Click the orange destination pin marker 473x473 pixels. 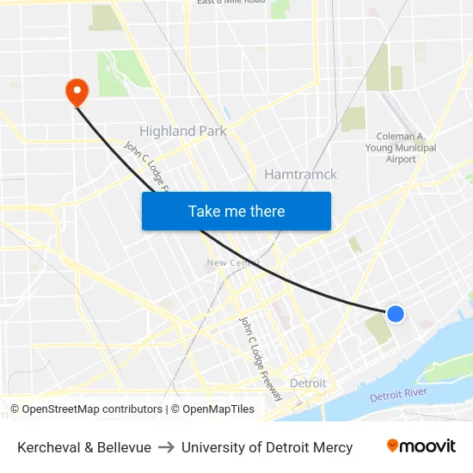77,92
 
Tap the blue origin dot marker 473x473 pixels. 396,314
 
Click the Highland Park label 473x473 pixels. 183,131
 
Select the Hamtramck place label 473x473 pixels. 300,174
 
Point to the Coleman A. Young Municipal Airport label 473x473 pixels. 402,147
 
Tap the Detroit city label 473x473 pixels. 308,383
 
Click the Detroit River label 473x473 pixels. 398,396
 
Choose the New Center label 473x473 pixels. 226,262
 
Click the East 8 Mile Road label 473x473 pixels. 230,3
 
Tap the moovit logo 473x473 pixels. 421,446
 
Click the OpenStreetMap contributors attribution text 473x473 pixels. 92,409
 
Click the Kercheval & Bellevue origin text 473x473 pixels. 84,447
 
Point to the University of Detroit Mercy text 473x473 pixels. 267,447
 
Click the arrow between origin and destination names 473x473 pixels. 166,447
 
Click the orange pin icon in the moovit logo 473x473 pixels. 393,445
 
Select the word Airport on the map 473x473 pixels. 402,159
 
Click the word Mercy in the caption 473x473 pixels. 332,447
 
